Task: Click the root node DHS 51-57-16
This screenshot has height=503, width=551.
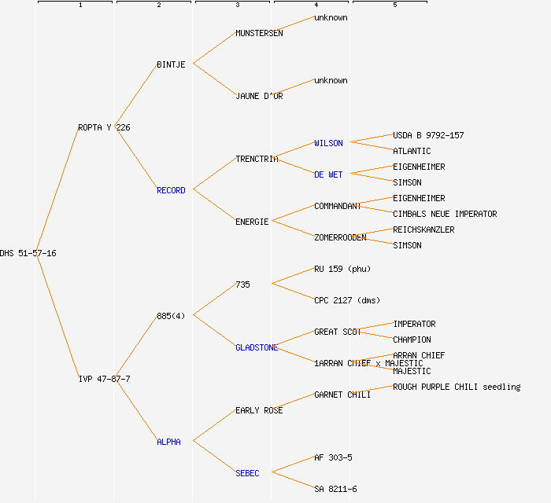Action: click(x=28, y=253)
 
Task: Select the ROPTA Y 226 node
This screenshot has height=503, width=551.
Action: click(x=104, y=127)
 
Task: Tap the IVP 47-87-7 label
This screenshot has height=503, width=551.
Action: click(x=104, y=379)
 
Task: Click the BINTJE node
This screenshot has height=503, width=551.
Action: click(x=171, y=64)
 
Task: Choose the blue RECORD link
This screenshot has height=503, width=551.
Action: click(x=171, y=190)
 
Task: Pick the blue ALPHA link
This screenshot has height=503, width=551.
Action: click(x=168, y=442)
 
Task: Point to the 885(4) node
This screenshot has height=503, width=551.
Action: click(x=171, y=316)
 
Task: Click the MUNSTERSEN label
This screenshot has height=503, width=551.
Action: click(x=259, y=33)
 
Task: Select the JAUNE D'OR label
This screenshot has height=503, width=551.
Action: click(x=259, y=96)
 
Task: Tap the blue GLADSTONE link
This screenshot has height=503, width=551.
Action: click(x=257, y=347)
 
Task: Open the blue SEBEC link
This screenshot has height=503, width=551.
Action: click(x=247, y=473)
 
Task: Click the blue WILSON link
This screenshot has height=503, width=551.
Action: click(x=328, y=143)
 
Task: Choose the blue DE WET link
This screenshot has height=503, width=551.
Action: click(x=328, y=174)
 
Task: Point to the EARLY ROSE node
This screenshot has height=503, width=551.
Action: click(x=259, y=410)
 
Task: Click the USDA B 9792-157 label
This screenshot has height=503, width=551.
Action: click(x=428, y=135)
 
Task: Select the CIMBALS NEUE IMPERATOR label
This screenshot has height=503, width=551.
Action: click(x=445, y=214)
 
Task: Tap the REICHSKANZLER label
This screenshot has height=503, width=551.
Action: click(x=423, y=229)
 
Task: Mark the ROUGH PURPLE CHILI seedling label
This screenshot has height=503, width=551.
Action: click(x=457, y=387)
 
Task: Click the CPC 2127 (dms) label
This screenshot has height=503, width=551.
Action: click(x=347, y=300)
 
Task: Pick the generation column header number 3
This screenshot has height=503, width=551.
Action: click(x=237, y=6)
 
